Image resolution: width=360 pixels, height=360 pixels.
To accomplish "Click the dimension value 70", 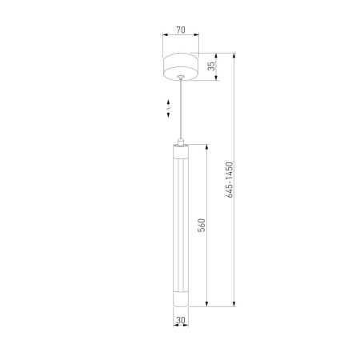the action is (x=181, y=30).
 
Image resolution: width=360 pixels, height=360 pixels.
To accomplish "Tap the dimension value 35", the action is (x=211, y=66).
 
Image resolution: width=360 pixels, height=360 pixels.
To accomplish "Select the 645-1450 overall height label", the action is (x=230, y=180).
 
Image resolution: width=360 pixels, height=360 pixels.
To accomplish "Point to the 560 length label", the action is (x=202, y=226).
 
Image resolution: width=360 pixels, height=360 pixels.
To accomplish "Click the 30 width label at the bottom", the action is (x=181, y=320).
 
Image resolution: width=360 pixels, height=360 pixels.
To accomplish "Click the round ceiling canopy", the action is (x=181, y=66).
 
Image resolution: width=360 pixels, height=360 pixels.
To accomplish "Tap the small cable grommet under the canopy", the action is (x=181, y=77).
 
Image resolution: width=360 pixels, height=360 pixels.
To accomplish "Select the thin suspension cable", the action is (x=181, y=109).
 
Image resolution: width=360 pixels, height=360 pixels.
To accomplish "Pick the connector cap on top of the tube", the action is (x=181, y=142).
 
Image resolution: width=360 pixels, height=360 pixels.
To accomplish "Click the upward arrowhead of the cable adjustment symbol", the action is (x=168, y=102).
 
